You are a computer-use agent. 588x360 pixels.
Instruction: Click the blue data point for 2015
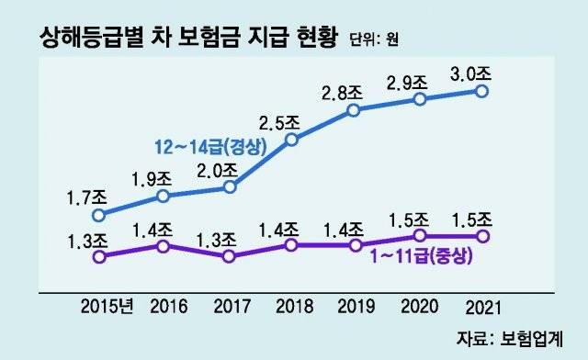(99, 215)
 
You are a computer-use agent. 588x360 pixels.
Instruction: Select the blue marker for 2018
(291, 140)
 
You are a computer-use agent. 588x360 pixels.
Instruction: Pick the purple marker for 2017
(229, 256)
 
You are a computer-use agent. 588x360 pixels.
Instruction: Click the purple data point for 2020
(420, 235)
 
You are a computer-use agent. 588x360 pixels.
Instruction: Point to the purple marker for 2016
(164, 246)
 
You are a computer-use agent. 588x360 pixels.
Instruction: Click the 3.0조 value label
(470, 74)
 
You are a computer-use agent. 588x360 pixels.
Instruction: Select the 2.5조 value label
(279, 123)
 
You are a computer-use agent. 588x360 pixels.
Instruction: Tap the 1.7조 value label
(87, 197)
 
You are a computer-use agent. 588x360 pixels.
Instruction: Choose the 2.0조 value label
(218, 171)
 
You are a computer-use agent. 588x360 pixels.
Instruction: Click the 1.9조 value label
(152, 179)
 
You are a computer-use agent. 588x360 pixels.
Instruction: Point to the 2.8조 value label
(342, 94)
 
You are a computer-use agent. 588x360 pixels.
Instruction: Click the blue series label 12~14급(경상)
(210, 147)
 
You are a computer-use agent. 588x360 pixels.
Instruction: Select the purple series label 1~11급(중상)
(421, 257)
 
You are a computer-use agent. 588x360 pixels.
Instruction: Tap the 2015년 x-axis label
(107, 307)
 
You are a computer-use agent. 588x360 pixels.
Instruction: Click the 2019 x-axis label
(356, 307)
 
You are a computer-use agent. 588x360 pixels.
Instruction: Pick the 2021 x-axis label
(483, 308)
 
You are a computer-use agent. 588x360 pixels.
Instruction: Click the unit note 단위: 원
(374, 39)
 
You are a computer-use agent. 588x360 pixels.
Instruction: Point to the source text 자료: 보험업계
(510, 339)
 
